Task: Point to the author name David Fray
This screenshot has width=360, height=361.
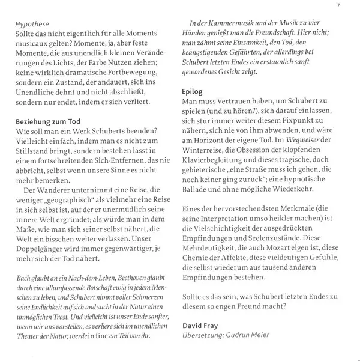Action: [x=200, y=324]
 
